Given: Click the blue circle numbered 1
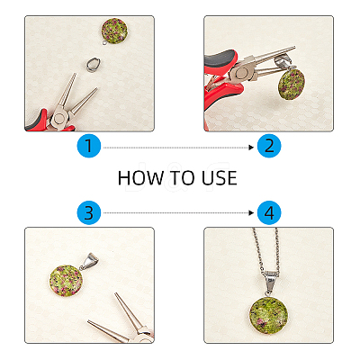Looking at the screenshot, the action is pyautogui.click(x=89, y=146).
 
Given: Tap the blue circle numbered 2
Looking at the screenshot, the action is pyautogui.click(x=269, y=146).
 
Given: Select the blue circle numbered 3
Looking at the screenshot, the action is pyautogui.click(x=89, y=213).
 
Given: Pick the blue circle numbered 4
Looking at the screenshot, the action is pyautogui.click(x=269, y=213).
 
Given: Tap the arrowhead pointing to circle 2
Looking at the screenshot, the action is pyautogui.click(x=251, y=148).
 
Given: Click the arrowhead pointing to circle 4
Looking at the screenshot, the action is pyautogui.click(x=251, y=213).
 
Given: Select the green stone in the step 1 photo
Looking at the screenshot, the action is pyautogui.click(x=114, y=31).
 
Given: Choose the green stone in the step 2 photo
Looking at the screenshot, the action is pyautogui.click(x=292, y=84).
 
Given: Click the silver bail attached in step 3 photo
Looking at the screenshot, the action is pyautogui.click(x=89, y=262).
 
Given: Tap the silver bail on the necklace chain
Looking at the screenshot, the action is pyautogui.click(x=271, y=282).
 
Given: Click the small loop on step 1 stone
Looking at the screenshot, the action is pyautogui.click(x=104, y=43).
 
